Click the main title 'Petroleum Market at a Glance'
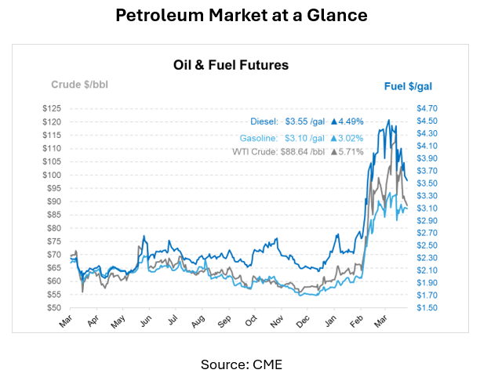click(x=240, y=16)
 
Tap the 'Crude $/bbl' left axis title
click(x=79, y=84)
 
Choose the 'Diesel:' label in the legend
click(x=264, y=121)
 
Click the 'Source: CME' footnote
click(x=240, y=364)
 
